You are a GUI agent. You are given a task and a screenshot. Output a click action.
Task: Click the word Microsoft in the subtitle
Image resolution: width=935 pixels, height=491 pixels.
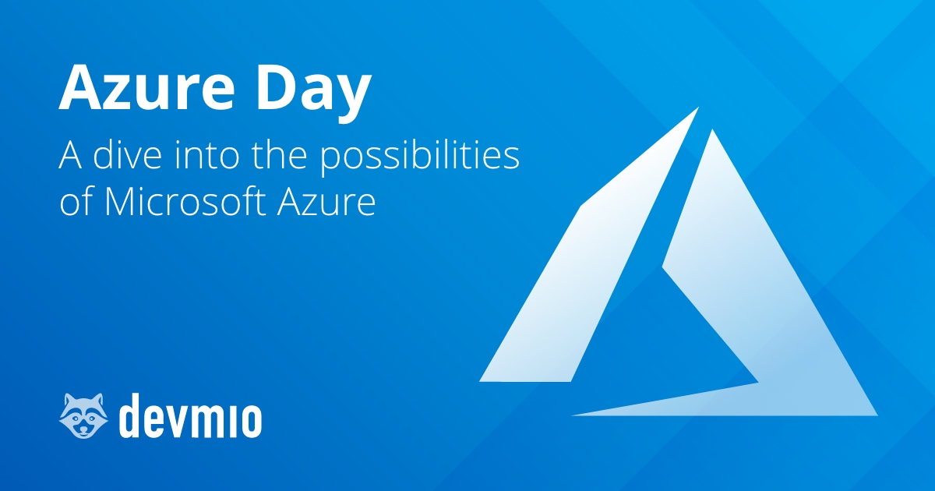(182, 203)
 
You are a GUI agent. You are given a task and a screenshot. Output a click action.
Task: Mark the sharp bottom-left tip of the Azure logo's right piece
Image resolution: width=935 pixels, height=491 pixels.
(575, 415)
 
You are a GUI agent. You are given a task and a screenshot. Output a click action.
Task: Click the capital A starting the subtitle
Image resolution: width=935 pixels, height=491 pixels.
(72, 157)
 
